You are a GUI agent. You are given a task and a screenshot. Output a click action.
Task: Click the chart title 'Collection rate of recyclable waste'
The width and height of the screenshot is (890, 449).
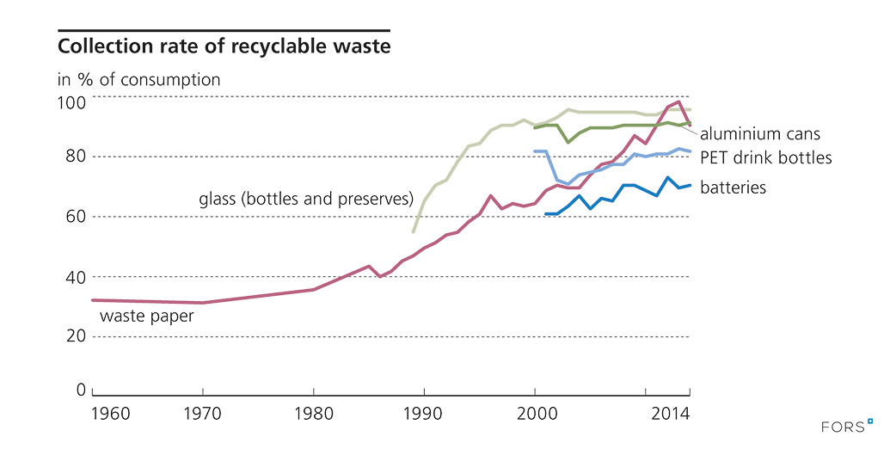[224, 46]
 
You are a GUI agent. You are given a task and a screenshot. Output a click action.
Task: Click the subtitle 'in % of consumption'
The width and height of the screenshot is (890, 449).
[138, 80]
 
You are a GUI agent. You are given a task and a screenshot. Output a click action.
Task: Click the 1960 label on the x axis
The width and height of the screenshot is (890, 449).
[109, 414]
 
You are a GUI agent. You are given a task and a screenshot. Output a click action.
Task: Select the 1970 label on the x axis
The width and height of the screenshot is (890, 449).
[203, 414]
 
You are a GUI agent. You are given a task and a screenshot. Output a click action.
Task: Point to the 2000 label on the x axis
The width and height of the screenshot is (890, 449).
[535, 414]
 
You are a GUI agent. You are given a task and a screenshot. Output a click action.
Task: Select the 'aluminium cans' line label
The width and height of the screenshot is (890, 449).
[760, 134]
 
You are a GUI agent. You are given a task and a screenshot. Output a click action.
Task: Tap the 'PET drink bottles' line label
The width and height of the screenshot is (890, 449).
[765, 158]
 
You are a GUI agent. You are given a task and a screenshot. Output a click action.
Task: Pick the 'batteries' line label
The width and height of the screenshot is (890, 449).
[732, 187]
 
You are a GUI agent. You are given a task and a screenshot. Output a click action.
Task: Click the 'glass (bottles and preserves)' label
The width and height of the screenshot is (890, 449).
[307, 200]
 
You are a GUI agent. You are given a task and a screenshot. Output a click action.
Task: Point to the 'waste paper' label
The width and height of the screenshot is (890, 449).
[146, 316]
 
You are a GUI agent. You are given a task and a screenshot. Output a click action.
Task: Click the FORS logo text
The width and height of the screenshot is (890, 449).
[840, 426]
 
